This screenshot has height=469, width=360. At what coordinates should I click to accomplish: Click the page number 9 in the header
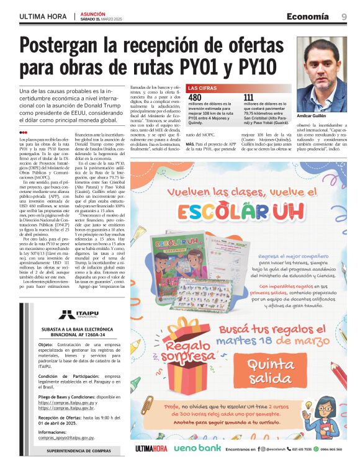tap(344, 16)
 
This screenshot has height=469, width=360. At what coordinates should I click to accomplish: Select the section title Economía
tap(308, 16)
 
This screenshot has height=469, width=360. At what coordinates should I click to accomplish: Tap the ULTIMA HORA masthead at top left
tap(43, 17)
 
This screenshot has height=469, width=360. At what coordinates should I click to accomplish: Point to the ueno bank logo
tap(197, 448)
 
